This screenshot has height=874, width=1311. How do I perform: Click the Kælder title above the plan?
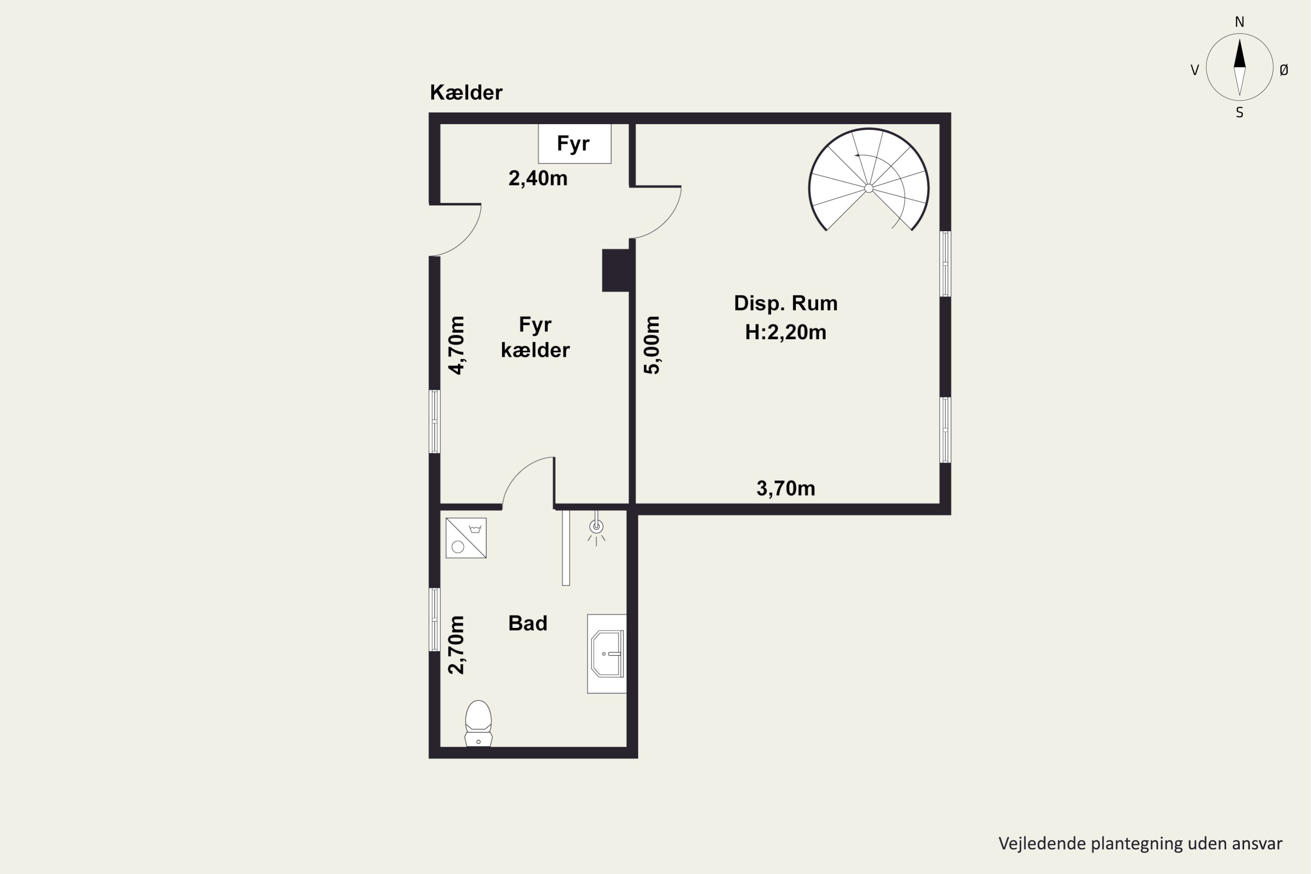pos(466,93)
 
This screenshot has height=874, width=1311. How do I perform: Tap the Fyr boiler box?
pos(575,144)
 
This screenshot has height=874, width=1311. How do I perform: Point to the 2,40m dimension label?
pos(538,178)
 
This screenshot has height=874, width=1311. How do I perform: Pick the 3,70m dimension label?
pos(785,488)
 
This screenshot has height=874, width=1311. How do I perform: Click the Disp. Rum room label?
pos(785,303)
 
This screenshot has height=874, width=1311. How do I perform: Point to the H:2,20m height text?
pos(785,332)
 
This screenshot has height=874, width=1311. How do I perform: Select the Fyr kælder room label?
pos(535,337)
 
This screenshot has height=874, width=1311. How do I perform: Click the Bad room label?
pos(527,623)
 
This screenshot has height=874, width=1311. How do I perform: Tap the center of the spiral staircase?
pos(868,188)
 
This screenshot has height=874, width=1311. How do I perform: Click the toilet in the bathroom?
pos(478,723)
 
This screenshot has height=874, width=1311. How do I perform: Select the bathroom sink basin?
pos(607,653)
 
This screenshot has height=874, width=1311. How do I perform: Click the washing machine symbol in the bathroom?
pos(466,538)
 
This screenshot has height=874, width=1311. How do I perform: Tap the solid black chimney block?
pos(616,271)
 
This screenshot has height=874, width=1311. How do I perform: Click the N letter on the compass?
pos(1240,22)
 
